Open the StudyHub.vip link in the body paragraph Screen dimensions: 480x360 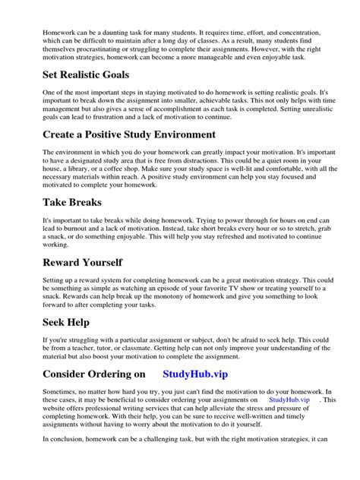tap(289, 399)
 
